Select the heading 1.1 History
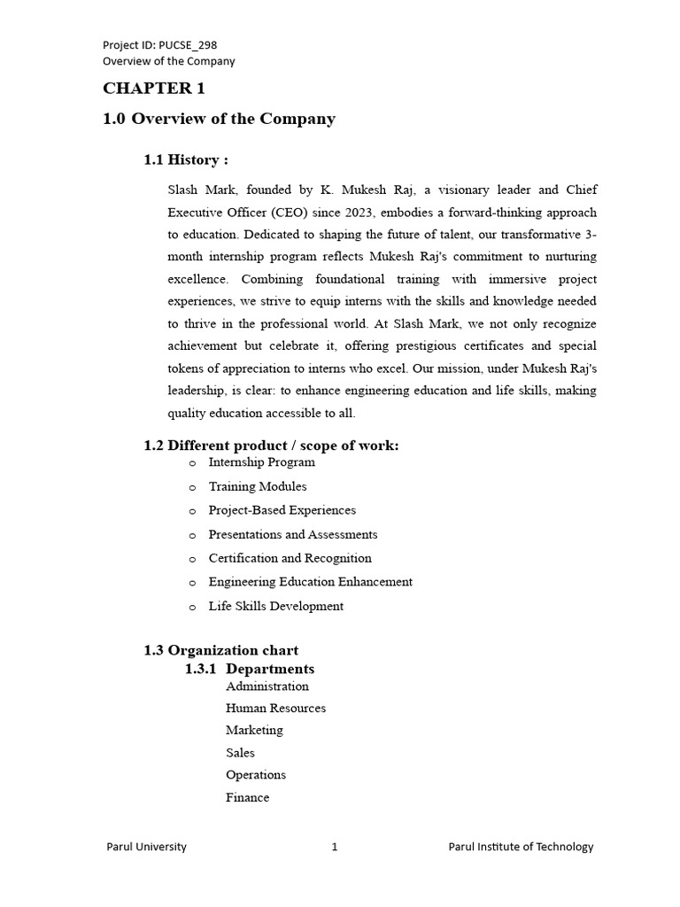186,159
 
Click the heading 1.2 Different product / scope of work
271,446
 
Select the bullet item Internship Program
261,462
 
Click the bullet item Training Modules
258,486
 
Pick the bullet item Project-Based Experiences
282,510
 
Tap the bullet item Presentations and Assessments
292,534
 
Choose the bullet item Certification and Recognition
290,558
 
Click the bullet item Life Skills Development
275,606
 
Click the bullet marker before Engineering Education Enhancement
192,583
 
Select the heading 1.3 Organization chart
220,650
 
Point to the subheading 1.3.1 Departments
249,669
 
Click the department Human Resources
275,708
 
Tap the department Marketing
254,730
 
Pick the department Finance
247,797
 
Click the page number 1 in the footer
335,847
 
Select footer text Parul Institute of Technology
521,847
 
